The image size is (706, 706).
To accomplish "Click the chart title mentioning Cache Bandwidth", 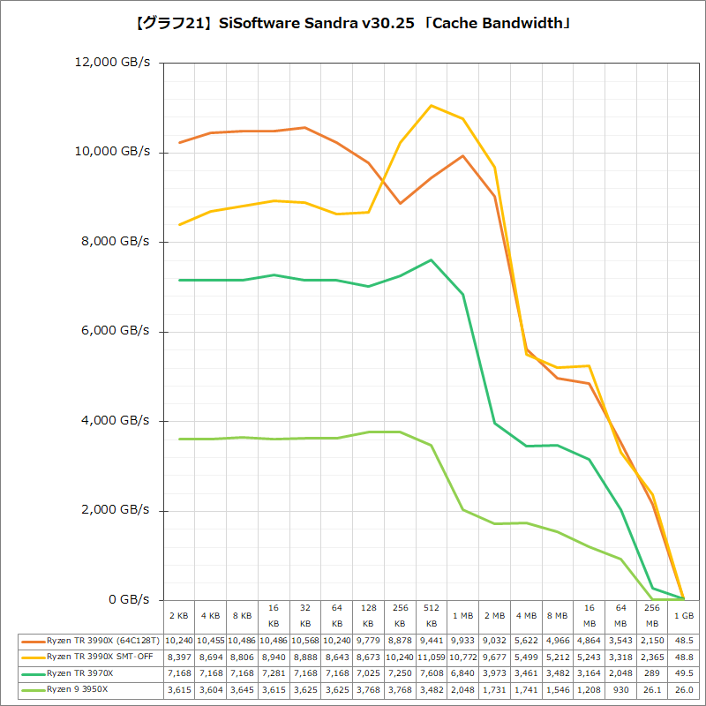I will coord(353,23).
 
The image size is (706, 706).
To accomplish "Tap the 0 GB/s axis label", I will coord(130,600).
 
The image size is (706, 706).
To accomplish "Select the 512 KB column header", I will coord(432,616).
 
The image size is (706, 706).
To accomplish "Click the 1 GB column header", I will coord(683,615).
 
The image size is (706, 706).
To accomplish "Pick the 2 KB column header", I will coord(179,615).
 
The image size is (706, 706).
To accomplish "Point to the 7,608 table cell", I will coord(432,673).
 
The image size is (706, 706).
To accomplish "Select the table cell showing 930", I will coord(621,689).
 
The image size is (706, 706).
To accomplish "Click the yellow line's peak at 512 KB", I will coord(431,106).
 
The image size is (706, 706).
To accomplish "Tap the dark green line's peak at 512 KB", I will coord(431,260).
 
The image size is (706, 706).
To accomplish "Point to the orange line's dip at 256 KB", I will coord(400,203).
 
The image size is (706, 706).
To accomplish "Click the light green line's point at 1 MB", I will coord(462,509).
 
